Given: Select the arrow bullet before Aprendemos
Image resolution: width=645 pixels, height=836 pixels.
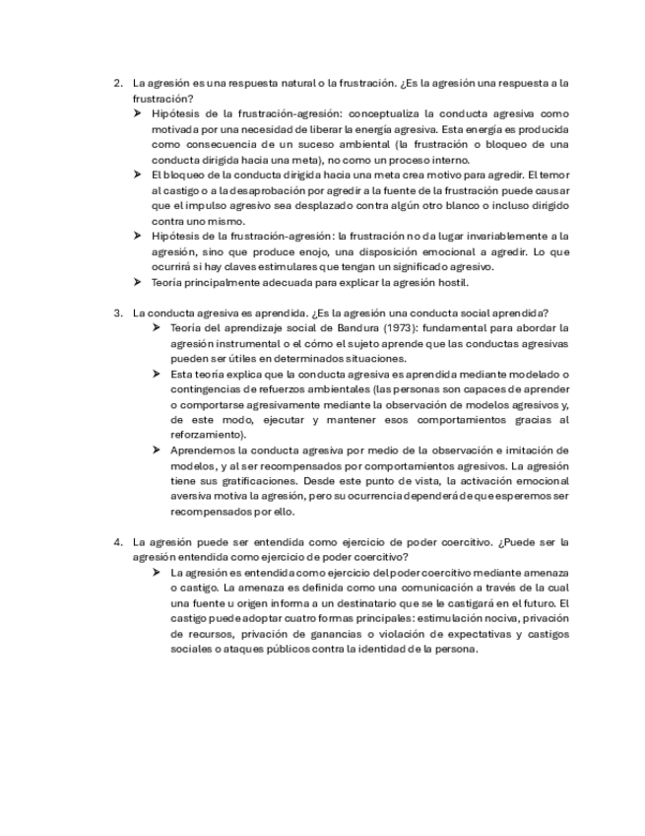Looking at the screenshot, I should coord(158,450).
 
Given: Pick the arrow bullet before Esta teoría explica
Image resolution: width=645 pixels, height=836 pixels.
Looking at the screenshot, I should coord(158,374).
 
